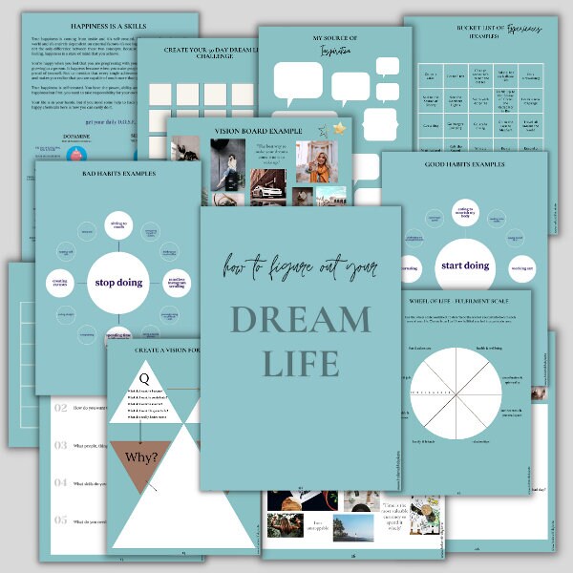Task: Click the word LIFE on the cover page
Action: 301,363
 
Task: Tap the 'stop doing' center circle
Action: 117,282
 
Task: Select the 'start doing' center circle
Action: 463,265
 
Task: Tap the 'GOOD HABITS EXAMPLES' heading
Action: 464,164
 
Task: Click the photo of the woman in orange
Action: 317,161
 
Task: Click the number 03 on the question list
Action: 61,445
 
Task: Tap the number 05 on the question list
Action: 61,520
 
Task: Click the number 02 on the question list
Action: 61,408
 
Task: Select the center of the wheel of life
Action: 456,393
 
